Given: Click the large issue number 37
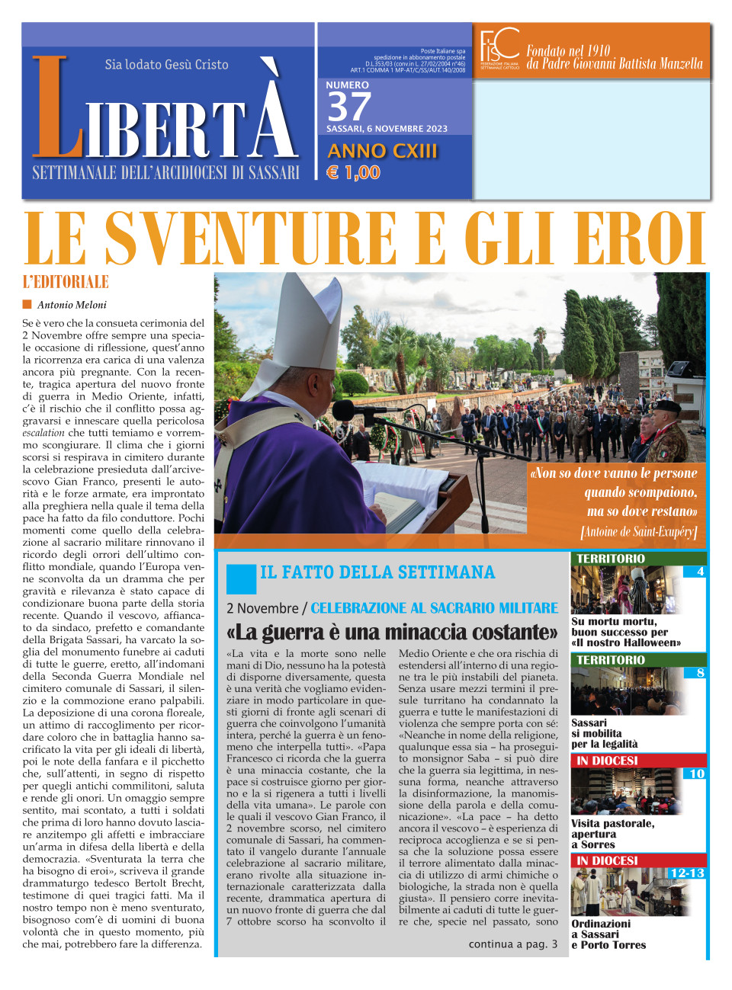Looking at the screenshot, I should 348,107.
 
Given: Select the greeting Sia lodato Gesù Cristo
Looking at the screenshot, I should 166,65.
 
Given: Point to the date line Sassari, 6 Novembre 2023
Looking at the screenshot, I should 387,129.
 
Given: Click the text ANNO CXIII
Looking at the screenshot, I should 382,151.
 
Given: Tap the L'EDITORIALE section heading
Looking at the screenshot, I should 66,282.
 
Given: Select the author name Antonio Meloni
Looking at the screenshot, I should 72,305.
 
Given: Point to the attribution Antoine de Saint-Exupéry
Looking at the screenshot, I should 639,532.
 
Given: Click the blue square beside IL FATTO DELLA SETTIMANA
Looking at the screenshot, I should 241,578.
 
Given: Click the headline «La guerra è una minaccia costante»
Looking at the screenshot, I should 392,632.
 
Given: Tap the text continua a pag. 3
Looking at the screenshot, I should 512,944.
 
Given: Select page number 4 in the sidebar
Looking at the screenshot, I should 700,572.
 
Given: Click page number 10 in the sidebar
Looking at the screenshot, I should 697,774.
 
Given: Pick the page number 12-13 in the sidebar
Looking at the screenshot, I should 686,873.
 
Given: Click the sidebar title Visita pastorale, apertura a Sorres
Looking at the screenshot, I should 612,834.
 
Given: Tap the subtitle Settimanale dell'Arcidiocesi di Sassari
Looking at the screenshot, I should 165,173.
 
